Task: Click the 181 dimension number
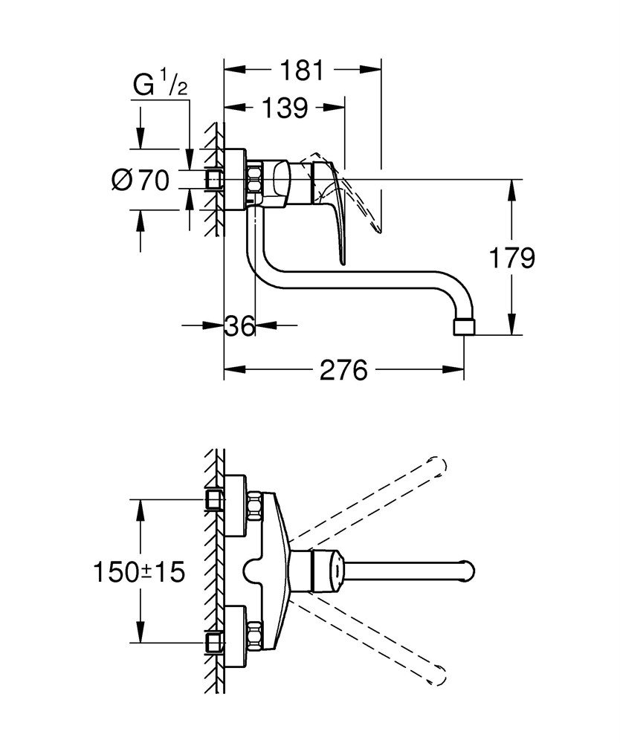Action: coord(302,70)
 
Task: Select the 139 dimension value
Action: coord(285,108)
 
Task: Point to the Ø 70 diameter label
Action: coord(141,180)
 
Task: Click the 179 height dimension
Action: coord(512,259)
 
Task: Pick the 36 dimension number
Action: coord(239,325)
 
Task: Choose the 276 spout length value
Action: coord(343,369)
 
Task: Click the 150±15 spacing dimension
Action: coord(139,571)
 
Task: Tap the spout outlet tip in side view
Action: coord(464,328)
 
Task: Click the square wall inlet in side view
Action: coord(215,180)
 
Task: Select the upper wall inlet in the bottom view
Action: coord(215,499)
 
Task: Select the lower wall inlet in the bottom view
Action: coord(215,643)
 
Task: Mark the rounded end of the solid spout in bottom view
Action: coord(468,571)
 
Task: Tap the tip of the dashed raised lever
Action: coord(379,231)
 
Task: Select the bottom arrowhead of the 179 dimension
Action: coord(511,324)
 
